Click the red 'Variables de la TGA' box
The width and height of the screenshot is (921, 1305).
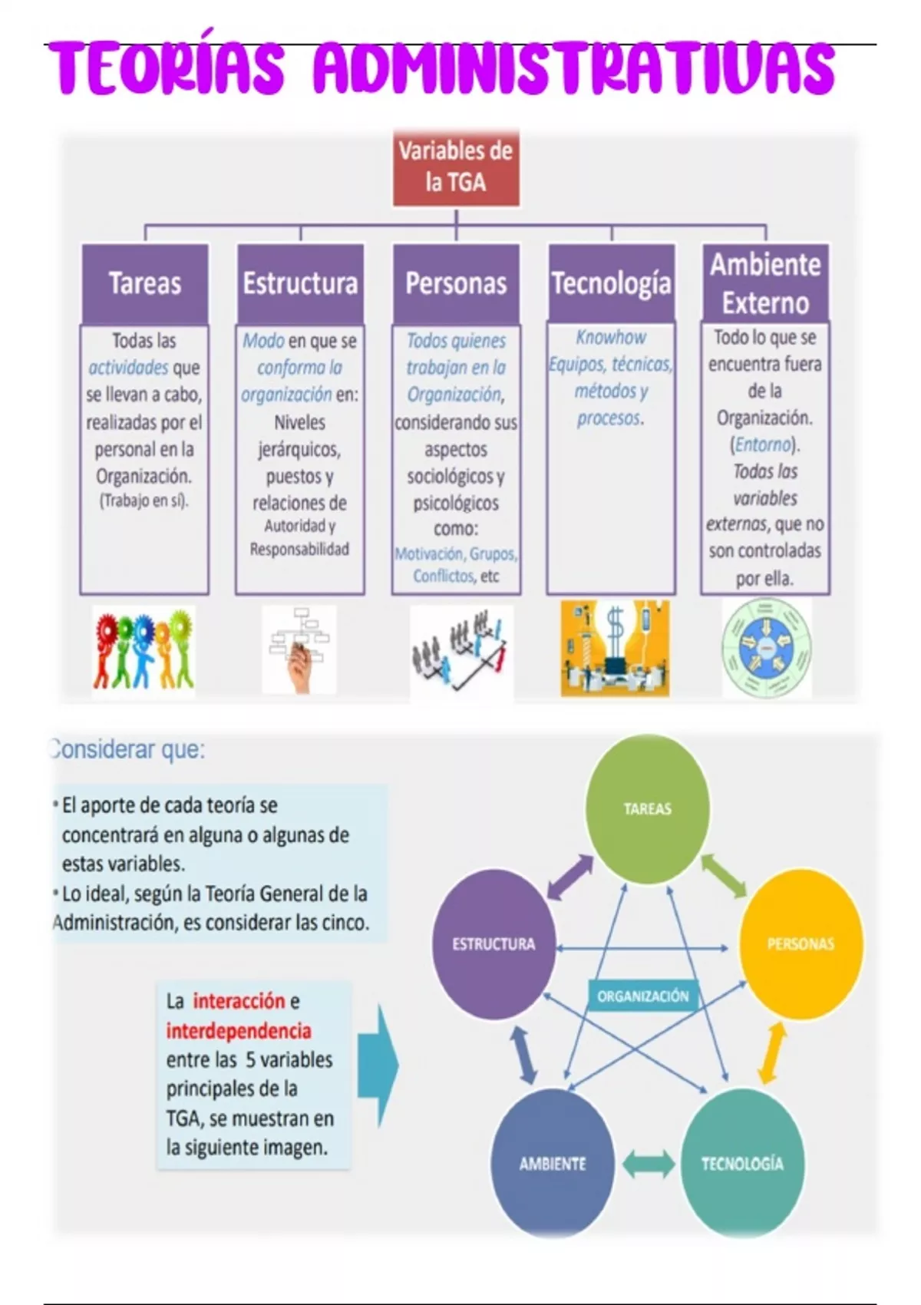[x=456, y=167]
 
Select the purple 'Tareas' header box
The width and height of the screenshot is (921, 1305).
[x=145, y=283]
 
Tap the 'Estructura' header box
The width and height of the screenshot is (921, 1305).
[x=300, y=283]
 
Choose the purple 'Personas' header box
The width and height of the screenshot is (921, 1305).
[x=456, y=283]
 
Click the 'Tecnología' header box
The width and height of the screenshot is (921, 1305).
[x=611, y=283]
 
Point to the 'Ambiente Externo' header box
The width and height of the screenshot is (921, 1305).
[x=765, y=282]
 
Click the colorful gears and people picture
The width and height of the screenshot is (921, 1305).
[x=144, y=650]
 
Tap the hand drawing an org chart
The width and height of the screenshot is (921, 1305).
[x=299, y=650]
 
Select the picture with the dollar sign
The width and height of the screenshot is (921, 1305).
[x=615, y=649]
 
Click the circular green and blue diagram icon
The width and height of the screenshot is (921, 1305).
[x=767, y=649]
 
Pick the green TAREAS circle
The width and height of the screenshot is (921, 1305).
[x=648, y=808]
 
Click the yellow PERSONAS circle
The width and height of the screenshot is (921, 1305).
[x=801, y=944]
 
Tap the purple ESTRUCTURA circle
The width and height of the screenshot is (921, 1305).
[x=494, y=944]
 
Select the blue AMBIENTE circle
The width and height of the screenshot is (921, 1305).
[x=553, y=1163]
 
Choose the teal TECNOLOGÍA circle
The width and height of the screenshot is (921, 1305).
[x=742, y=1163]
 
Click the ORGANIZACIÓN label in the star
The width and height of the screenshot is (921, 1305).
[x=643, y=996]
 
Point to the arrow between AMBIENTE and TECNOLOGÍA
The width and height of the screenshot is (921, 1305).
[x=648, y=1164]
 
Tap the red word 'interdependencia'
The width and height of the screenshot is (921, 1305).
[x=239, y=1031]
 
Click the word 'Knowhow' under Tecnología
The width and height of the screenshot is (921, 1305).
[x=611, y=337]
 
